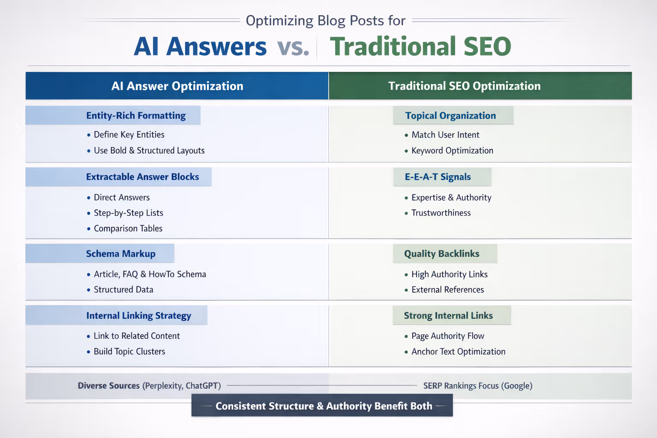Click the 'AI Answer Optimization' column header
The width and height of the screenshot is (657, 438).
coord(177,86)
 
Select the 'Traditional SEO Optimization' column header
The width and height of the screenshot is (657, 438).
coord(464,86)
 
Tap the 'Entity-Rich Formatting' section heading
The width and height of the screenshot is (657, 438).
coord(136,115)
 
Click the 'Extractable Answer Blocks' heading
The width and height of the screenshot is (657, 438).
coord(142,177)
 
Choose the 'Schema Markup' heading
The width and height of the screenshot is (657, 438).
coord(121,254)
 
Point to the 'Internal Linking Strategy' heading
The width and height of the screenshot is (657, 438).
coord(139,316)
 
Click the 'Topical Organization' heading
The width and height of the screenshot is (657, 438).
coord(450,115)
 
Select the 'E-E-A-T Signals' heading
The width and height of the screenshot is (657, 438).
coord(438,177)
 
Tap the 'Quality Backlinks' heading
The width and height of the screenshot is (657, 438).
coord(441,254)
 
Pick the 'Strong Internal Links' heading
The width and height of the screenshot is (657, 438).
coord(448,316)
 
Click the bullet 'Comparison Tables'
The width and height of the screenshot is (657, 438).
coord(128,228)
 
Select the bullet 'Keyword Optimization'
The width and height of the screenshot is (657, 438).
coord(452,151)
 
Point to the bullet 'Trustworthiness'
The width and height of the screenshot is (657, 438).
coord(441,213)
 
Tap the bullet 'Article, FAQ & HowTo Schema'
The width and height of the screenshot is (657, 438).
coord(150,274)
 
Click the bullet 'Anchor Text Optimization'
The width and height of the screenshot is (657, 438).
coord(458,352)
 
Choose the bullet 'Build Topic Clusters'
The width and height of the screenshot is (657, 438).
coord(129,352)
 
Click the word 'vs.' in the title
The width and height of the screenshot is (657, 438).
coord(293,47)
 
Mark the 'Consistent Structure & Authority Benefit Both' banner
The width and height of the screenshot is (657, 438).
coord(323,406)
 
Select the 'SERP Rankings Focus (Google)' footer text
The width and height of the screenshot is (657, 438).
coord(478,386)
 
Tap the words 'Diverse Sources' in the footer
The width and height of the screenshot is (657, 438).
coord(109,386)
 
